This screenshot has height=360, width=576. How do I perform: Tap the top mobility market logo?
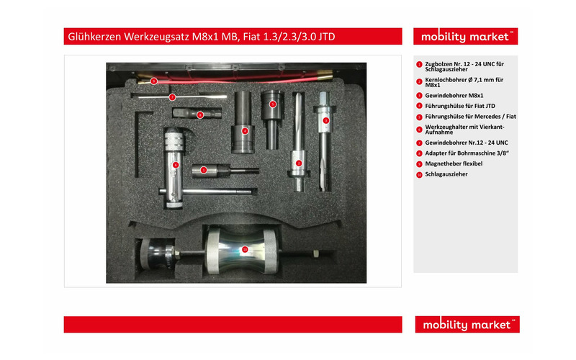point(465,37)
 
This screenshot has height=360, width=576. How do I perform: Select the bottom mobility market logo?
point(467,325)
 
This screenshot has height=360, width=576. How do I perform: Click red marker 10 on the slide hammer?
point(245,250)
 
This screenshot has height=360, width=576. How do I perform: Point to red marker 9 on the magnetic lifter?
point(154,81)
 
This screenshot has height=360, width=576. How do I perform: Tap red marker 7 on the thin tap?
point(172,97)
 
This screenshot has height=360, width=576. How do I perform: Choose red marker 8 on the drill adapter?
point(200,115)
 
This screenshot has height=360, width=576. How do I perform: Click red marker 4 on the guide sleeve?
point(245,131)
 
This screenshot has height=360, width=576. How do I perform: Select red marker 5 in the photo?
point(273,104)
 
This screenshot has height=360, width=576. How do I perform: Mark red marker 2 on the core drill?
point(299,163)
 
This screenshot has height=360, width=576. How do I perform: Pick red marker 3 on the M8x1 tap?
point(326,120)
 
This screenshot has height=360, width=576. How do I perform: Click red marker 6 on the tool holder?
point(176,165)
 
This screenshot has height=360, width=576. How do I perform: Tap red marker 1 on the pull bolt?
point(204,170)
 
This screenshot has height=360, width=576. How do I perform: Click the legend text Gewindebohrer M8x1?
point(454,96)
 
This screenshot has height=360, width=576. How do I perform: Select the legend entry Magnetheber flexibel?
point(454,164)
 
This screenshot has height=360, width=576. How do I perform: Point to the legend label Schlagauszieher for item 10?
point(446,174)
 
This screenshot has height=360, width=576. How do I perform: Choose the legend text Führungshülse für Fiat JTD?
point(460,106)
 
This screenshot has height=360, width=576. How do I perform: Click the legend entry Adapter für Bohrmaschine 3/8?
point(467,153)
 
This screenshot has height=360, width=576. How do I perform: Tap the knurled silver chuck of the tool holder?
point(174,141)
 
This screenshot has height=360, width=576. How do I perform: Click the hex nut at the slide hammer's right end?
point(315,253)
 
